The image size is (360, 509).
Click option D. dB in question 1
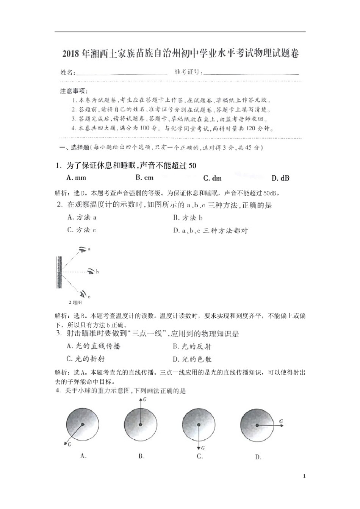pyautogui.click(x=280, y=178)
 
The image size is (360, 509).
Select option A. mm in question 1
pyautogui.click(x=76, y=178)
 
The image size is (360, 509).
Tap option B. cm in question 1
pyautogui.click(x=144, y=177)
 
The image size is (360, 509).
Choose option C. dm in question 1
pyautogui.click(x=212, y=178)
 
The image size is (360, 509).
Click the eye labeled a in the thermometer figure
pyautogui.click(x=83, y=249)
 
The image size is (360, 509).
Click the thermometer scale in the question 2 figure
pyautogui.click(x=59, y=272)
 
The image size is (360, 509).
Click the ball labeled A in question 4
pyautogui.click(x=83, y=425)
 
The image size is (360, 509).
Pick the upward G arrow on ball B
pyautogui.click(x=141, y=411)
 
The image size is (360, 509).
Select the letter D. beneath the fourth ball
pyautogui.click(x=258, y=457)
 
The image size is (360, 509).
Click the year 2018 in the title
pyautogui.click(x=72, y=54)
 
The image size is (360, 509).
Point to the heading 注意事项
pyautogui.click(x=74, y=91)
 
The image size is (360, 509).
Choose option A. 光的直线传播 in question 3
pyautogui.click(x=93, y=346)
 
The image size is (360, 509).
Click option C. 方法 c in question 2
pyautogui.click(x=81, y=230)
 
